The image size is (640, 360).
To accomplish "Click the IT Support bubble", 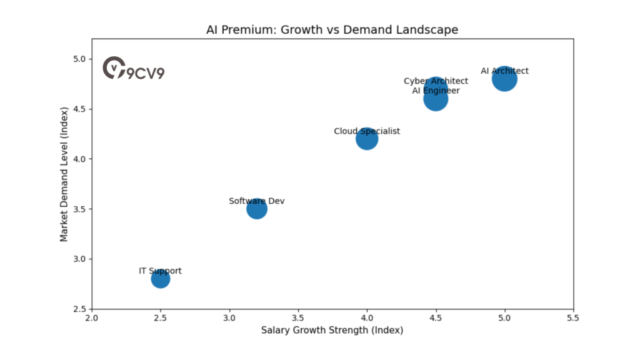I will [x=161, y=279].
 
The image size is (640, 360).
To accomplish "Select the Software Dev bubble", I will [x=257, y=209].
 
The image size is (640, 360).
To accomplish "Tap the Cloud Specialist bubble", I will [x=367, y=139].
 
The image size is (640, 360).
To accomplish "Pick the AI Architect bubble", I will [x=504, y=79].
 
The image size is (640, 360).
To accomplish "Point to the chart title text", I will [x=332, y=29].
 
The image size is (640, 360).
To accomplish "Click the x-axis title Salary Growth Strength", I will [x=332, y=330].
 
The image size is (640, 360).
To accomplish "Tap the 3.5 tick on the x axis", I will [x=298, y=318].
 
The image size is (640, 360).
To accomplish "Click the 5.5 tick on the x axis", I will [x=573, y=318].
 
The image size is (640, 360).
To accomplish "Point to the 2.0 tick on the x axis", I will [x=92, y=318].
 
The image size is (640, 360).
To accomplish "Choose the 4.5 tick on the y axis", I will [x=79, y=109].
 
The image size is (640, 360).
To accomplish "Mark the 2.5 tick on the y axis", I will [x=79, y=309].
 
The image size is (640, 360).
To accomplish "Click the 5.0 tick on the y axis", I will [x=79, y=59].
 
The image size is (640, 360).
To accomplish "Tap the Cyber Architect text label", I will [x=436, y=81].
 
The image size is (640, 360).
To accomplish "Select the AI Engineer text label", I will [x=436, y=91].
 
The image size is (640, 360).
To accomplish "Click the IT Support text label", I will [x=160, y=271].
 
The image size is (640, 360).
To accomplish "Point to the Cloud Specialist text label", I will [x=367, y=131].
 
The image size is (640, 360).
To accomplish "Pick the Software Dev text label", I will [x=257, y=201].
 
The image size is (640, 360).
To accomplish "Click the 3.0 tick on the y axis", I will [x=79, y=259].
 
